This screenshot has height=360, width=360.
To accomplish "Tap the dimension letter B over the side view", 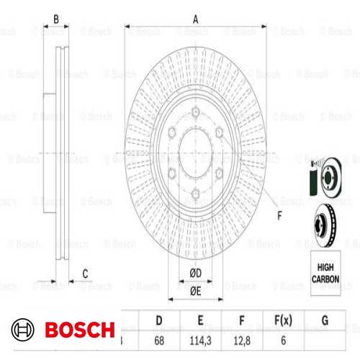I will point(55,19).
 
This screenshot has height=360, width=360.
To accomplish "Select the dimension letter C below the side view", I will point(85,272).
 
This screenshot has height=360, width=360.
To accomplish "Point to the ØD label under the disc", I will point(195,272).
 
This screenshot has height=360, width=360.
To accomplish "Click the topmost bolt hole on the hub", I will point(196,112).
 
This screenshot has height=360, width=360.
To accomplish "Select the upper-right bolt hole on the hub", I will point(219,132).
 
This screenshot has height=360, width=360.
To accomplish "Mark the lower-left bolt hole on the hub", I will point(173,171).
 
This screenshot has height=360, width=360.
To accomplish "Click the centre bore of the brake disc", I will point(196,152).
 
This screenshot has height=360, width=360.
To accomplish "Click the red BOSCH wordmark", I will point(79,330).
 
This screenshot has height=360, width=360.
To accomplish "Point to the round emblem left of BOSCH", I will point(24,330).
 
